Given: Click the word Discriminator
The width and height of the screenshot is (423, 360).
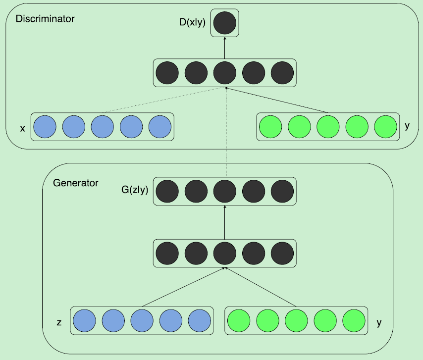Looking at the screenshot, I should coord(45,19).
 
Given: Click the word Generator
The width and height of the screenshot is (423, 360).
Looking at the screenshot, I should coord(75,183).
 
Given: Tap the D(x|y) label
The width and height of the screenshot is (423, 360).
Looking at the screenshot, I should coord(192,23).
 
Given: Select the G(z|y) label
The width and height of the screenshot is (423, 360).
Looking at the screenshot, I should coord(135,189).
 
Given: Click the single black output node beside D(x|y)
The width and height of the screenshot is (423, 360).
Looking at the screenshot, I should coord(224,23).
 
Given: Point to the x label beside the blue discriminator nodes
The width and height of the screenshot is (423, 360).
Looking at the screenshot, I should coord(22,129).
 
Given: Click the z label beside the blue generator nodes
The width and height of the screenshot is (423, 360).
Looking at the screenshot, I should coord(59,323).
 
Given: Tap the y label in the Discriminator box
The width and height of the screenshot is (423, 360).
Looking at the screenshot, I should coord(407,126).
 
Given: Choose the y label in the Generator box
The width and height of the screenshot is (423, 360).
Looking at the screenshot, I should coord(379,323).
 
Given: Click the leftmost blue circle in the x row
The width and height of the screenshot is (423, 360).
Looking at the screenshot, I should coord(45,127).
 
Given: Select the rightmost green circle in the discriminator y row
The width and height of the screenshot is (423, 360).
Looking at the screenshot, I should coord(386,127).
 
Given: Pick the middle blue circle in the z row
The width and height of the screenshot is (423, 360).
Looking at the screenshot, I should coord(142,321).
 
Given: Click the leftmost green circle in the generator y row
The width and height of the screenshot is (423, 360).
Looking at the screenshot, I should coord(239,321).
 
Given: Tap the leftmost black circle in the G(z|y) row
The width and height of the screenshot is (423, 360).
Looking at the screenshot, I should coord(167,191).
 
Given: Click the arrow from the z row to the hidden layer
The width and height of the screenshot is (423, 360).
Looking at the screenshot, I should coord(183,287).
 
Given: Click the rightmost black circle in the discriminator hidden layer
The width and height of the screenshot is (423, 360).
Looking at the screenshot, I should coord(282,73).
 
